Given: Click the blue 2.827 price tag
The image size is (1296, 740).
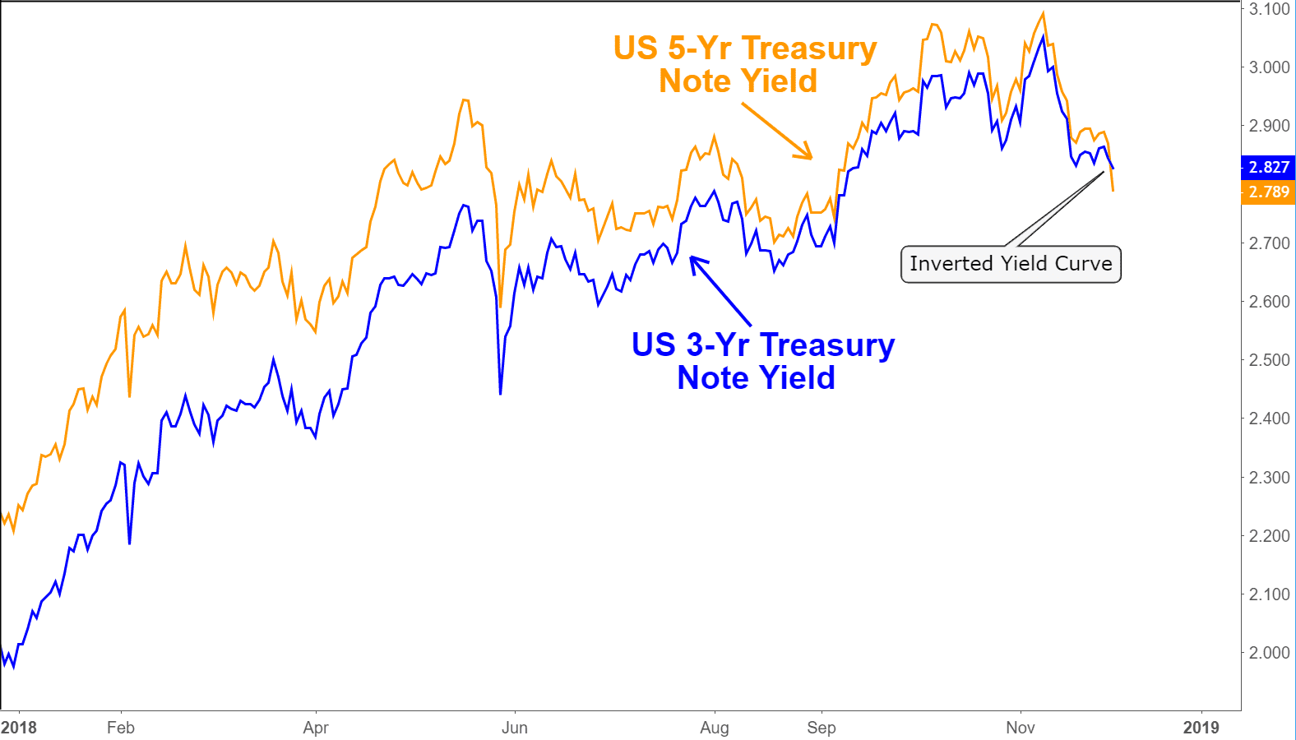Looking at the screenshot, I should (1268, 167).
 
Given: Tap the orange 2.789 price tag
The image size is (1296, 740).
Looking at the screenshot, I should (1268, 192).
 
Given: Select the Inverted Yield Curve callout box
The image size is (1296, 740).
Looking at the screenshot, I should (1011, 264).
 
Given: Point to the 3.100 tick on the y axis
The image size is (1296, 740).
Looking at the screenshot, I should (1269, 9).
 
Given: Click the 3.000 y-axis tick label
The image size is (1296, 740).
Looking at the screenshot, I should (1269, 67).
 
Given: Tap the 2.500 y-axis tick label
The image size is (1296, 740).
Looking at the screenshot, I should (1269, 360).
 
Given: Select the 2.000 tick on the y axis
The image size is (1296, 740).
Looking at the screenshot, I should (1269, 653).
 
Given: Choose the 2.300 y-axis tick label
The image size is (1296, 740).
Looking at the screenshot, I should (1269, 478).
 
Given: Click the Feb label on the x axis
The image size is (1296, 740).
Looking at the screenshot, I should (121, 728).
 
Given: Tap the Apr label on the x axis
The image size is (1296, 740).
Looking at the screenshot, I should (316, 728).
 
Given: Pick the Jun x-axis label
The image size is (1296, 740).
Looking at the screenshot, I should (515, 728).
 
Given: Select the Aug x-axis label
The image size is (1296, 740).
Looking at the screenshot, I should (715, 728).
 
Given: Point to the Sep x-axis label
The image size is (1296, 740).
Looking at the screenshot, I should (822, 728).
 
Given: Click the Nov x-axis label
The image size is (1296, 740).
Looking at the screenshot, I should (1021, 728).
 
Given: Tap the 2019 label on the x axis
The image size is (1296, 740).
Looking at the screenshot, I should (1201, 728).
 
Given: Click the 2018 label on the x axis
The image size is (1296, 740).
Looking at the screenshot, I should (19, 728).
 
